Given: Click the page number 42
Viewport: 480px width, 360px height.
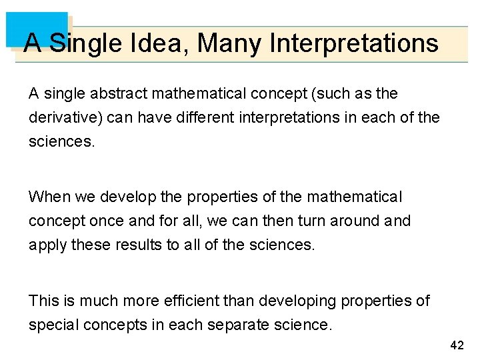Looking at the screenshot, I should [x=457, y=345].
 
